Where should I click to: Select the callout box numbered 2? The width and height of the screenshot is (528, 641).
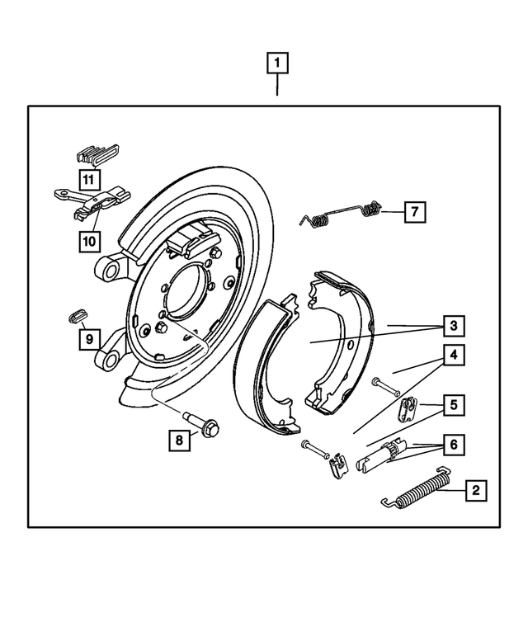point(474,491)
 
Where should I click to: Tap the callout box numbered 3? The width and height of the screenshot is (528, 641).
point(452,326)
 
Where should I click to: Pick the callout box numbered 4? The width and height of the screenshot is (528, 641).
point(452,356)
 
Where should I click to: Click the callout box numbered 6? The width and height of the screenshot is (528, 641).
point(452,445)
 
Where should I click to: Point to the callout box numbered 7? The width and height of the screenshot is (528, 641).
point(414,212)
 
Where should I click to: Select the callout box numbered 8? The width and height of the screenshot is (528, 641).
point(178,441)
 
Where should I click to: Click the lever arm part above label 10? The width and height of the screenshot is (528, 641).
point(93,200)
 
